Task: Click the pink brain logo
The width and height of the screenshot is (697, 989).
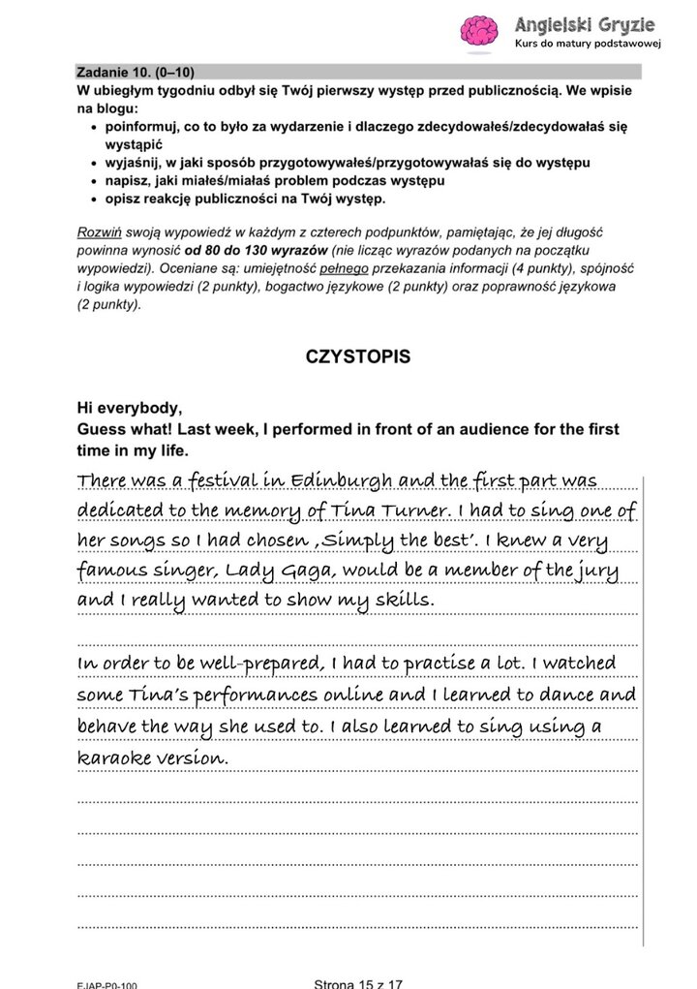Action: [x=478, y=32]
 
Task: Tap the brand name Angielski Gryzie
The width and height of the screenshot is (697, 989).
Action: [x=585, y=24]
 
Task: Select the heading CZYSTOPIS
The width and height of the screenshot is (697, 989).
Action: [x=357, y=356]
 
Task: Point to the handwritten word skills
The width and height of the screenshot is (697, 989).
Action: [x=399, y=601]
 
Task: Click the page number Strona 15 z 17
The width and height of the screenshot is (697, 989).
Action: [x=358, y=982]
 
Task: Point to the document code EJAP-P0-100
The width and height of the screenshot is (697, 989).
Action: [x=107, y=984]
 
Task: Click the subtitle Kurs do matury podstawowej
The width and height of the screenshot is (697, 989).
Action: [x=587, y=45]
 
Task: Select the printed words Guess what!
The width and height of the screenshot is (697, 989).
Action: [x=120, y=429]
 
